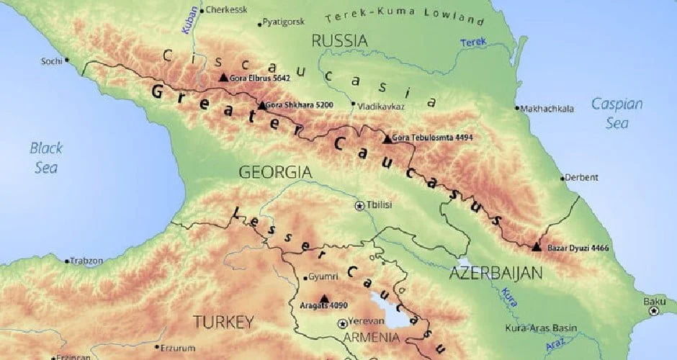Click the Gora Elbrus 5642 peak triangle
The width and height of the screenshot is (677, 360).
[x=223, y=77]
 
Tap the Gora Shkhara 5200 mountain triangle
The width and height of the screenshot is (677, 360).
[x=261, y=105]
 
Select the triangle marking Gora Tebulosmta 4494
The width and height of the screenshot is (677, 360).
[x=387, y=138]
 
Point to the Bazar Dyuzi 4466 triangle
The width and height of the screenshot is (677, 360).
[x=537, y=247]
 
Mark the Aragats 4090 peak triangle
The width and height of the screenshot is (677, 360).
[x=323, y=298]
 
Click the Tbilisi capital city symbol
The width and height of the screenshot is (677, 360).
[x=359, y=205]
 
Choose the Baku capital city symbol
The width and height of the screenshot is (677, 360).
[x=653, y=311]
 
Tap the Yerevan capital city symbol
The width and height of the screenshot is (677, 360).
[x=341, y=323]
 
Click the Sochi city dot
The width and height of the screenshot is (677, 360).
[x=67, y=60]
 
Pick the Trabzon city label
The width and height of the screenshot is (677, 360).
[x=87, y=261]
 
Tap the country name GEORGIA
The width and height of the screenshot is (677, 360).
[x=275, y=172]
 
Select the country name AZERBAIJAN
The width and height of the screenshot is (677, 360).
[x=496, y=273]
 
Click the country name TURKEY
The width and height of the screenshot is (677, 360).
[x=223, y=320]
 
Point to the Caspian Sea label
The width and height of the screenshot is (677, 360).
[x=617, y=113]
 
